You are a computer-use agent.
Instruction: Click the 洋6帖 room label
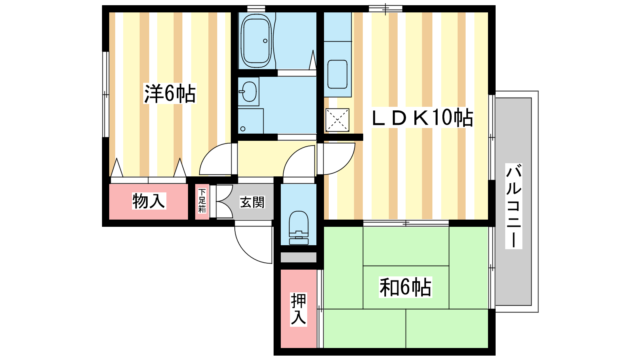170,94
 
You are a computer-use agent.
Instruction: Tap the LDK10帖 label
422,118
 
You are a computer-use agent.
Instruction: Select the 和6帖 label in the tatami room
405,287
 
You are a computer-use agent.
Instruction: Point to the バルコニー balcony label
514,206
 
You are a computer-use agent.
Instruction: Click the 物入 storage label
149,201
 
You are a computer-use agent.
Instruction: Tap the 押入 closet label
298,309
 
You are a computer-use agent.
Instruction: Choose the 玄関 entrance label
252,202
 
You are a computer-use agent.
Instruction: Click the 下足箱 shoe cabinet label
202,200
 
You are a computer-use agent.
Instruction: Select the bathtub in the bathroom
256,40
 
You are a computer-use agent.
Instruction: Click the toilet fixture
299,228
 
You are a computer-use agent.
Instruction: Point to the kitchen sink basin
338,74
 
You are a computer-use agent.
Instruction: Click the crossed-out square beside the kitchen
338,120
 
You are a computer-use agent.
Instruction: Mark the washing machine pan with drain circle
250,121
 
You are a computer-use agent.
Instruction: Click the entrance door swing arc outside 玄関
253,244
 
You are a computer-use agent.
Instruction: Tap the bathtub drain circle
265,41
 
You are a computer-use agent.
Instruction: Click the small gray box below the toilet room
298,257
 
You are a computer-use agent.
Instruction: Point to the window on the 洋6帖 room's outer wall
106,94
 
